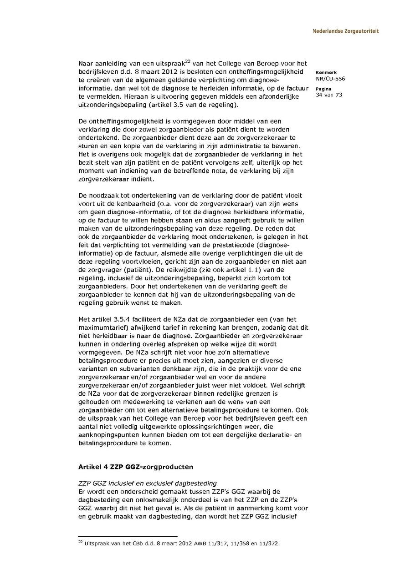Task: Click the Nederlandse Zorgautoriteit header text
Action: tap(345, 31)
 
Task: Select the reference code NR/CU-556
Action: tap(330, 79)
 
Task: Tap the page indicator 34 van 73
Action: tap(329, 95)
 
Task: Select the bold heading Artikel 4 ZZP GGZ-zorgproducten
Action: tap(135, 467)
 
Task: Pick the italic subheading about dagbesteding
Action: tap(148, 483)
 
